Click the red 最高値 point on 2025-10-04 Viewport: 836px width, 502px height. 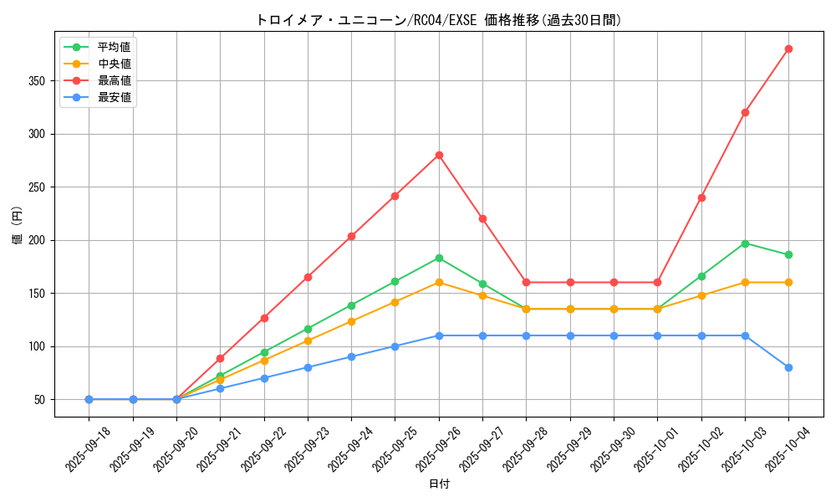[x=788, y=49]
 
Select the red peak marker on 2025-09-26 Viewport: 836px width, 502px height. [x=439, y=155]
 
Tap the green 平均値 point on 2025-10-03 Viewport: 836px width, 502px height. [x=745, y=243]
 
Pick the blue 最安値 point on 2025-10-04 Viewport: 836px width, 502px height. [x=788, y=367]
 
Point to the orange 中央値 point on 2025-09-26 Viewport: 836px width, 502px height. [x=439, y=282]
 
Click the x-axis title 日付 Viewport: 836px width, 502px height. [x=439, y=484]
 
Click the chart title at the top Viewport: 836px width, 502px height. [x=439, y=20]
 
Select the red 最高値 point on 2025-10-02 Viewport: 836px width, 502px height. [x=701, y=197]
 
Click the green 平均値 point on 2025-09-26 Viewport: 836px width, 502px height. [x=439, y=258]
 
